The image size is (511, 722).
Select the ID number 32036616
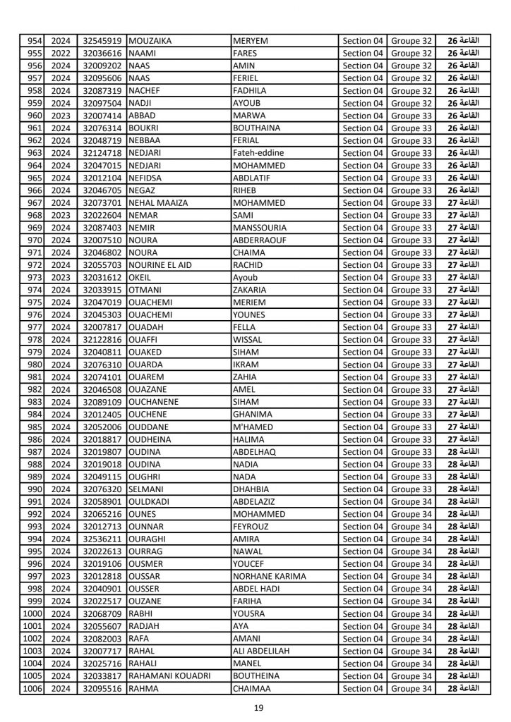(102, 53)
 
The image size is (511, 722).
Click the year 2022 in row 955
(61, 53)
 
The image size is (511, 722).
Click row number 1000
(32, 614)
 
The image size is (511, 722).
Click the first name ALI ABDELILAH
(266, 651)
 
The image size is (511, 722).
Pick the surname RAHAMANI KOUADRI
(170, 676)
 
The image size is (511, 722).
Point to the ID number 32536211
(102, 539)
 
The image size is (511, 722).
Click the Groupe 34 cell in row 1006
(411, 689)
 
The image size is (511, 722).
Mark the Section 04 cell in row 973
(363, 278)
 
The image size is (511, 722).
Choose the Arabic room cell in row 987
(464, 452)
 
